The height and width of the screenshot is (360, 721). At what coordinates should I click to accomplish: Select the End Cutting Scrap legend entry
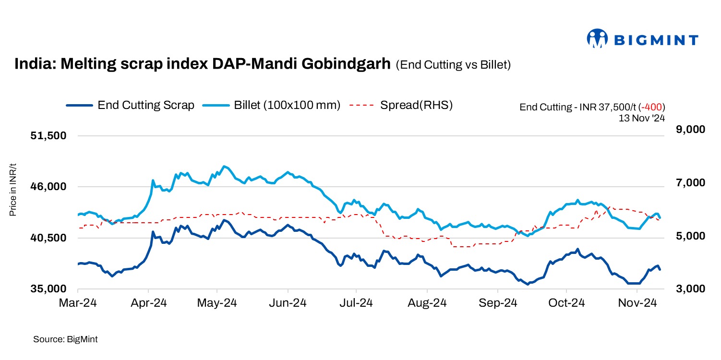click(145, 105)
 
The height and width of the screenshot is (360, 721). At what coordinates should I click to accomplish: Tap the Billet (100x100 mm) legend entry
click(287, 105)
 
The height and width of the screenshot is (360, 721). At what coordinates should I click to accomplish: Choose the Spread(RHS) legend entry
click(416, 105)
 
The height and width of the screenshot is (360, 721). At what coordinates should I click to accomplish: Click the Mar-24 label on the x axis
click(78, 303)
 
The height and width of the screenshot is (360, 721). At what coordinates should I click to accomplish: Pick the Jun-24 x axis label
click(288, 303)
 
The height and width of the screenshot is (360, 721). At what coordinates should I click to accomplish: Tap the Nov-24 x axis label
click(637, 303)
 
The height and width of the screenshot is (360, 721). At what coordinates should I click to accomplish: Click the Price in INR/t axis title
click(13, 190)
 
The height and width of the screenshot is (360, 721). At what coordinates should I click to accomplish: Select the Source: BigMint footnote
click(65, 339)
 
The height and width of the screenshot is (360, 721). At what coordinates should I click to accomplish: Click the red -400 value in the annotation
click(655, 107)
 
